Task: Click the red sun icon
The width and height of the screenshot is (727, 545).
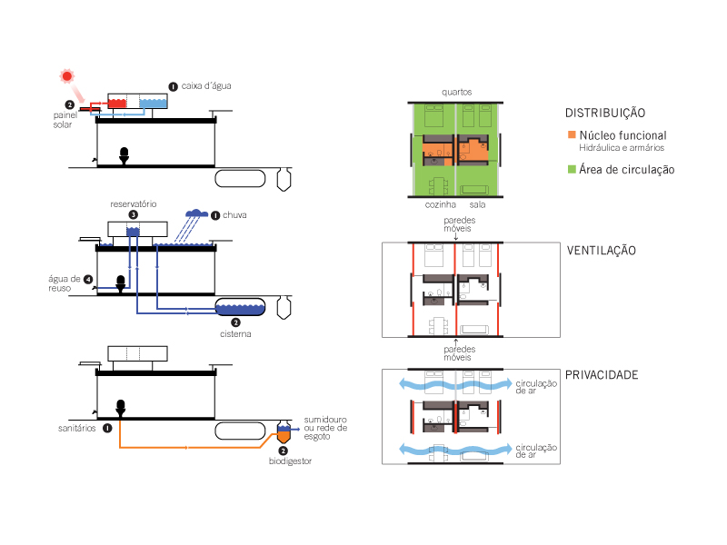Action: (x=66, y=76)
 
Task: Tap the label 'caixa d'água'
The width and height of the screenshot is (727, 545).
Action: (x=207, y=85)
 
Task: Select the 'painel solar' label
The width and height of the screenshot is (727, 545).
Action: (x=63, y=120)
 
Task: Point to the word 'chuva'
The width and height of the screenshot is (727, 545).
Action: (x=234, y=215)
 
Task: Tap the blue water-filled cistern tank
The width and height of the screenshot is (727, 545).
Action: (x=240, y=309)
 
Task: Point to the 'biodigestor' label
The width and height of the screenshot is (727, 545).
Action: (x=292, y=461)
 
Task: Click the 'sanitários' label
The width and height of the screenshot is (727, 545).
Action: (x=75, y=426)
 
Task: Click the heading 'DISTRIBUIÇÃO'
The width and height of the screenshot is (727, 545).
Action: (x=605, y=114)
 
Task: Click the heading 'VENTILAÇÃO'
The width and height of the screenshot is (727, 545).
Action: (x=601, y=251)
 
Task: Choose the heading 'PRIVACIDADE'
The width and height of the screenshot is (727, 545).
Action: (x=602, y=375)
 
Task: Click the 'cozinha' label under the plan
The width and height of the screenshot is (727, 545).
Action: (x=439, y=205)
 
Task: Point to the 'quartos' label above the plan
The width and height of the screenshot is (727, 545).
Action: (x=457, y=92)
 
